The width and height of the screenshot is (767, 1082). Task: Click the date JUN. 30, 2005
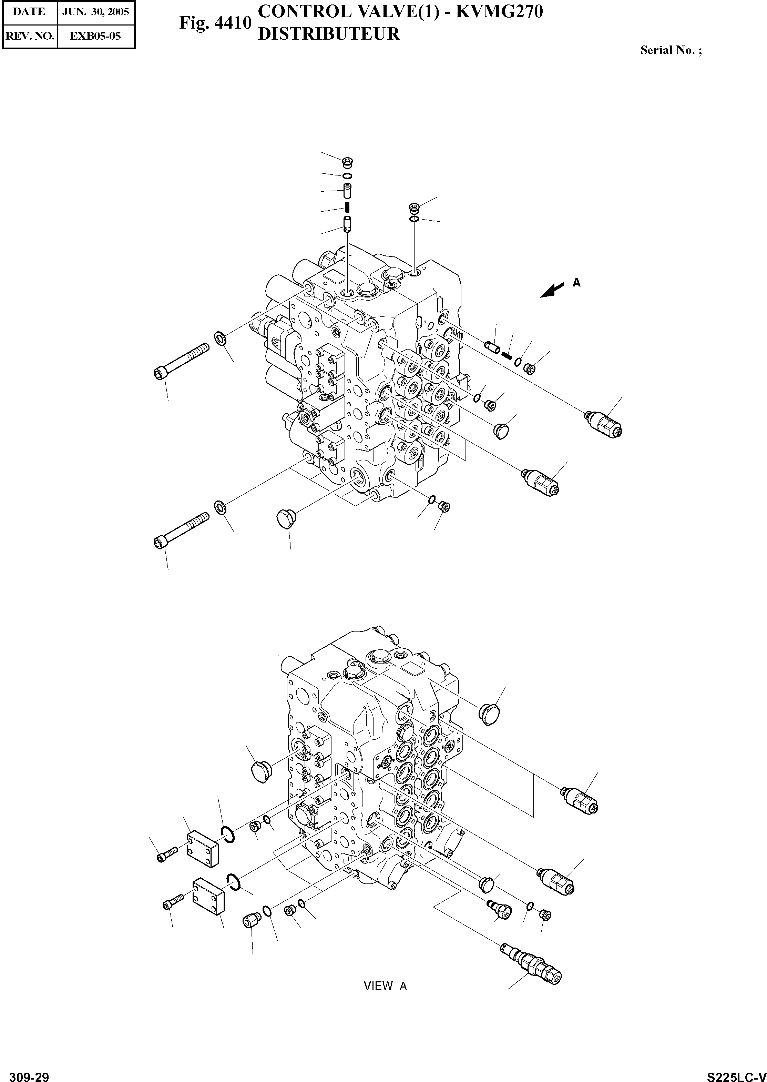95,11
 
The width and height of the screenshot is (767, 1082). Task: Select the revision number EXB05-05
95,36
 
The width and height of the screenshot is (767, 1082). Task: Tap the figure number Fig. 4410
215,23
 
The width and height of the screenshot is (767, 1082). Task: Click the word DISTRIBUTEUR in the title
329,34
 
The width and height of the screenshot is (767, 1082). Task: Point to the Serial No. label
671,51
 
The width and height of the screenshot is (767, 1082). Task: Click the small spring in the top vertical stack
347,207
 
